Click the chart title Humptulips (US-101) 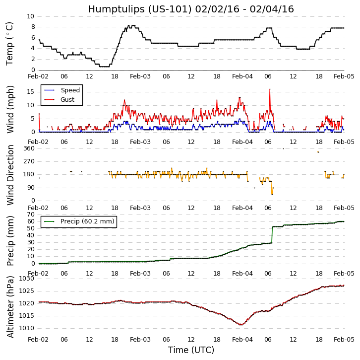tap(191, 9)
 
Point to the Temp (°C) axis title tap(10, 43)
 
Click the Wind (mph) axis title tap(10, 109)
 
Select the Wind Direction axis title tap(10, 174)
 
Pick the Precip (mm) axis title tap(10, 240)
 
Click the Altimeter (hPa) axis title tap(10, 306)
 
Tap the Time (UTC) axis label tap(191, 350)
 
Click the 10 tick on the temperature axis tap(30, 16)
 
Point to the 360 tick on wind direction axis tap(29, 148)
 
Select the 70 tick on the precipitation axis tap(30, 214)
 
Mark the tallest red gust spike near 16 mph tap(270, 90)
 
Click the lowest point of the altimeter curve tap(240, 325)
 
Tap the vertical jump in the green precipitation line tap(272, 235)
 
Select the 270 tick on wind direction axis tap(29, 161)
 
